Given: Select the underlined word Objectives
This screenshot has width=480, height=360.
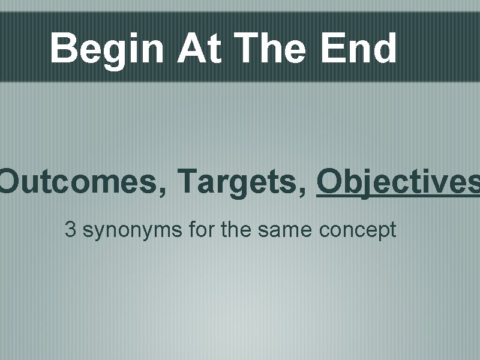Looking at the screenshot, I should coord(398,182).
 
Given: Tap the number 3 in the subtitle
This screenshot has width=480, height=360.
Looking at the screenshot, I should coord(70,230).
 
